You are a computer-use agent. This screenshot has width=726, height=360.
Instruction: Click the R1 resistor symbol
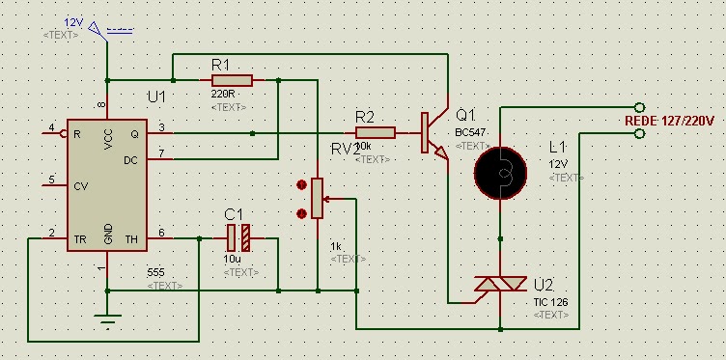[x=232, y=80]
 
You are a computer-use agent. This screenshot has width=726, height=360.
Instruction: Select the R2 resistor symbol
[x=375, y=133]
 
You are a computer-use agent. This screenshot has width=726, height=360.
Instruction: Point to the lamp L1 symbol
[x=501, y=171]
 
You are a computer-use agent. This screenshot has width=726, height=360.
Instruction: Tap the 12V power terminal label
[x=73, y=21]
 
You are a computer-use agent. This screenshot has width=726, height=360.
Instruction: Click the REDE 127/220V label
[x=671, y=121]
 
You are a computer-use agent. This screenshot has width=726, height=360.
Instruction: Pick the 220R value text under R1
[x=222, y=96]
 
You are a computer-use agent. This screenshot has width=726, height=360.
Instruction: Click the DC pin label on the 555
[x=129, y=161]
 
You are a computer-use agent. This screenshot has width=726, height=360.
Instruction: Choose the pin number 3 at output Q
[x=161, y=127]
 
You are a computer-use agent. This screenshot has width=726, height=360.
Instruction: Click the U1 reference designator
[x=156, y=97]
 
